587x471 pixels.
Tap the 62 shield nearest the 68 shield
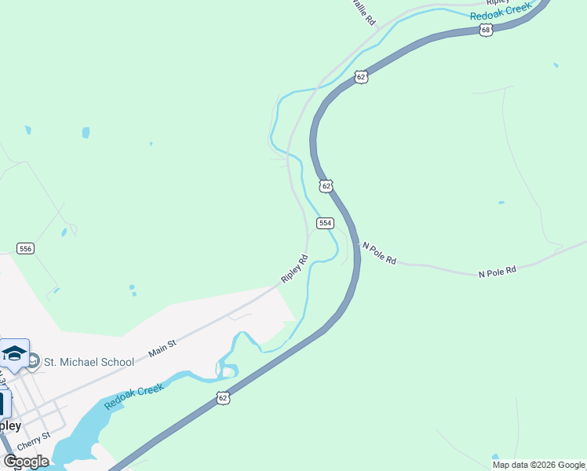coord(360,77)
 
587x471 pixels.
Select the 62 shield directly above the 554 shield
coord(326,186)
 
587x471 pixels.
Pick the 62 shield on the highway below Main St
coord(224,399)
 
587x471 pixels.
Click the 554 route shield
coord(326,224)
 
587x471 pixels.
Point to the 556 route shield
coord(26,249)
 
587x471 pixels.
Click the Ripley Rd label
coord(294,268)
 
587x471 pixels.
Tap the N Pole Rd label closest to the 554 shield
coord(379,253)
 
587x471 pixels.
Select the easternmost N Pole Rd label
coord(498,271)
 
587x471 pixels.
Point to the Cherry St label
coord(36,436)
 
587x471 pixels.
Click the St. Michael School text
coord(89,362)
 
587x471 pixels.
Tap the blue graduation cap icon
coord(14,353)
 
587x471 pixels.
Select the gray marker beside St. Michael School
coord(32,361)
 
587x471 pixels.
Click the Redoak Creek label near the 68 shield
coord(501,11)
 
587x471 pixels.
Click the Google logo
coord(26,461)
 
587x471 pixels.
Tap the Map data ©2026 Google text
coord(539,465)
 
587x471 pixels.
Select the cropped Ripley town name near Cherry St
coord(9,425)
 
